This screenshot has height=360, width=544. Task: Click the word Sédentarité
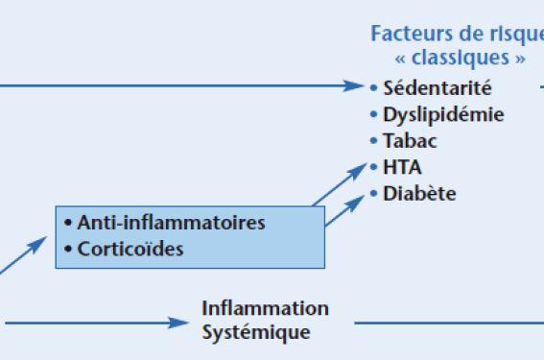[438, 87]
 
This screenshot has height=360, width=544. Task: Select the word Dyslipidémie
[443, 115]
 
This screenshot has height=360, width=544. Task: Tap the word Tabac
[410, 140]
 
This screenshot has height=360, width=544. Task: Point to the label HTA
[402, 167]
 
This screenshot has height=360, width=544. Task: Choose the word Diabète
[419, 193]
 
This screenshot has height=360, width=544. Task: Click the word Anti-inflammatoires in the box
[171, 223]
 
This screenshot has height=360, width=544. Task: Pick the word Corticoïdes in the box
[130, 249]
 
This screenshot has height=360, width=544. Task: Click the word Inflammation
[265, 308]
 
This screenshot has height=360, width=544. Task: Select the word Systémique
[256, 333]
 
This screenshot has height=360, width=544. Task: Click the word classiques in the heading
[460, 58]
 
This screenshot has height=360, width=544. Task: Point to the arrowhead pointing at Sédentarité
[353, 85]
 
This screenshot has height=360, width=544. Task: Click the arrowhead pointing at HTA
[357, 171]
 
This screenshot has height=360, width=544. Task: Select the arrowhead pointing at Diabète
[355, 204]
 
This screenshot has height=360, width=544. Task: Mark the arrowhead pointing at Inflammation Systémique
[178, 323]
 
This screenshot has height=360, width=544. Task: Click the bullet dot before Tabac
[373, 140]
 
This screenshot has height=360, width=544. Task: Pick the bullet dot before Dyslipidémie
[373, 114]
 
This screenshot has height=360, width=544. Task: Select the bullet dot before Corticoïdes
[68, 249]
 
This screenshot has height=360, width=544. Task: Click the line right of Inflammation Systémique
[449, 323]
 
